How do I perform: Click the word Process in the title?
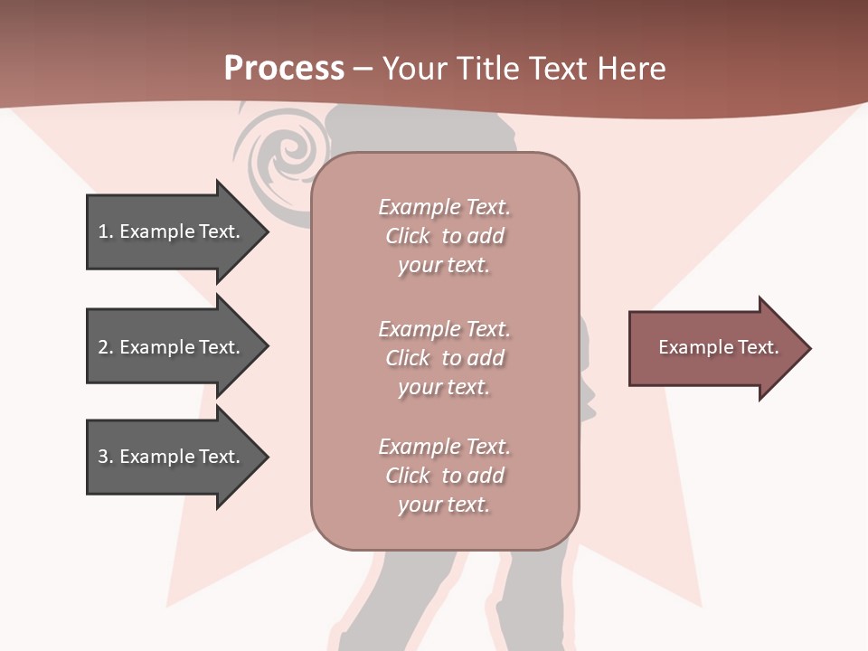[x=284, y=69]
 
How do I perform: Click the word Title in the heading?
[x=487, y=69]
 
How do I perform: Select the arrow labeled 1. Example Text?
[x=172, y=231]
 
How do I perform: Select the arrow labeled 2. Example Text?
[x=172, y=347]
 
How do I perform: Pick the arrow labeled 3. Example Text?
[x=172, y=457]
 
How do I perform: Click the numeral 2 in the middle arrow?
[x=103, y=347]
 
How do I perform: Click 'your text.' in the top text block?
[x=444, y=266]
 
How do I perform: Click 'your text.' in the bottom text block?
[x=444, y=505]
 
